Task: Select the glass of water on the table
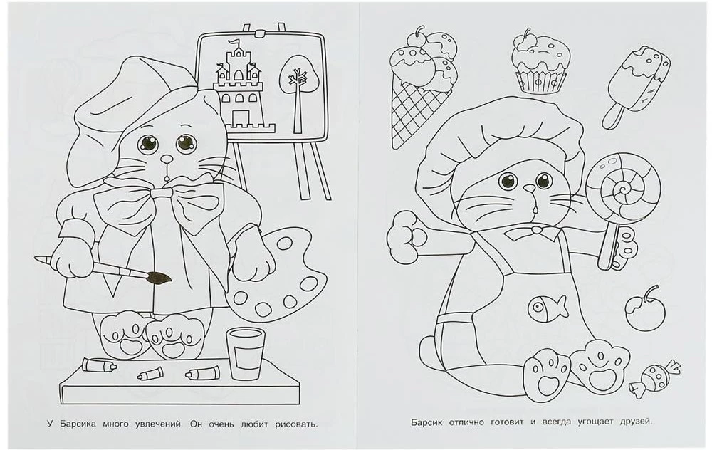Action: coord(246,353)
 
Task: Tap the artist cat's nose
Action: coord(167,159)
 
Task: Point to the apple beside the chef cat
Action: coord(644,311)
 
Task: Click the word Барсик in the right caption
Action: coord(426,422)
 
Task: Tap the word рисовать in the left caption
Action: coord(296,425)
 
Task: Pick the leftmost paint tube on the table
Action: coord(100,364)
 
